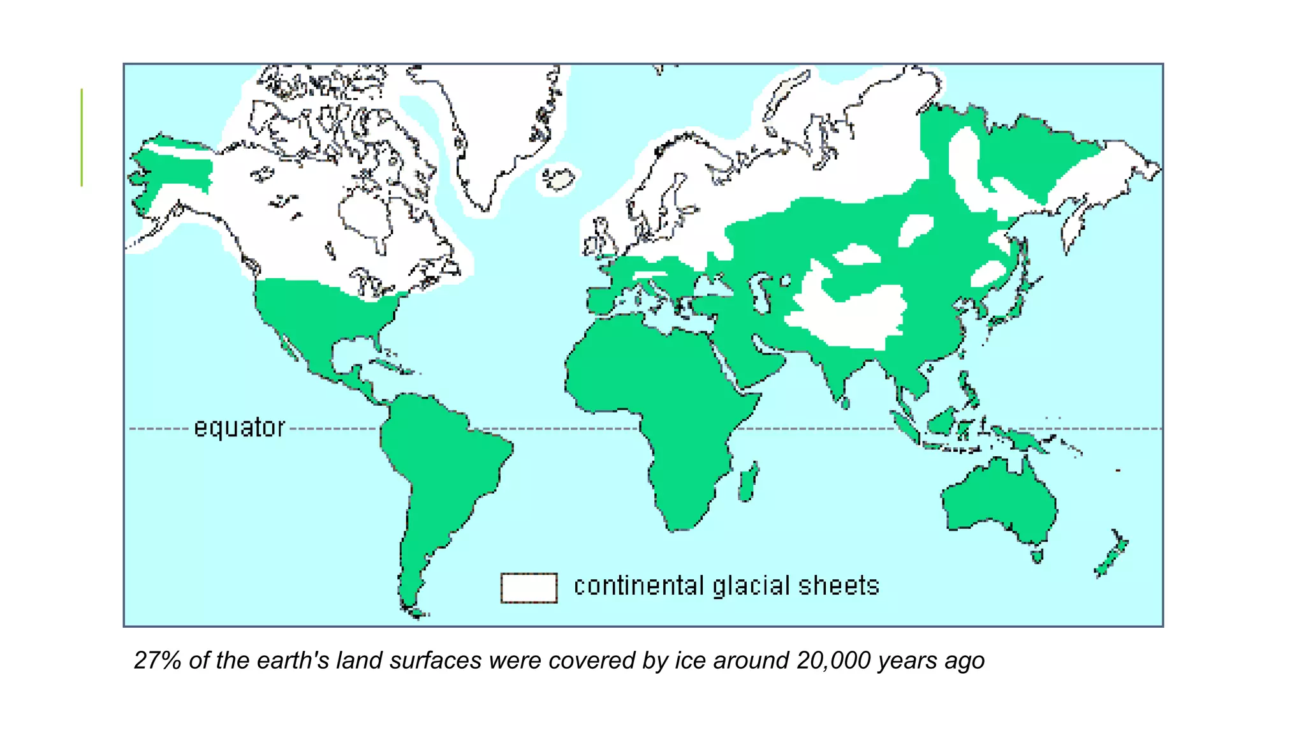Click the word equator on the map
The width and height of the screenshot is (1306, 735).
pyautogui.click(x=239, y=427)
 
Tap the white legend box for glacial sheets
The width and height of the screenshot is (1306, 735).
pyautogui.click(x=529, y=588)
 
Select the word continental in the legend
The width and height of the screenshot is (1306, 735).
pyautogui.click(x=638, y=586)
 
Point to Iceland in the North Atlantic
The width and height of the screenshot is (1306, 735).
pyautogui.click(x=560, y=179)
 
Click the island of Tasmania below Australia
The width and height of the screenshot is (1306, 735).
pyautogui.click(x=1037, y=556)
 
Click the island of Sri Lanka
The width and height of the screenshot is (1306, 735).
pyautogui.click(x=846, y=403)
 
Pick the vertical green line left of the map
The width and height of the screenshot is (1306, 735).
pyautogui.click(x=82, y=137)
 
